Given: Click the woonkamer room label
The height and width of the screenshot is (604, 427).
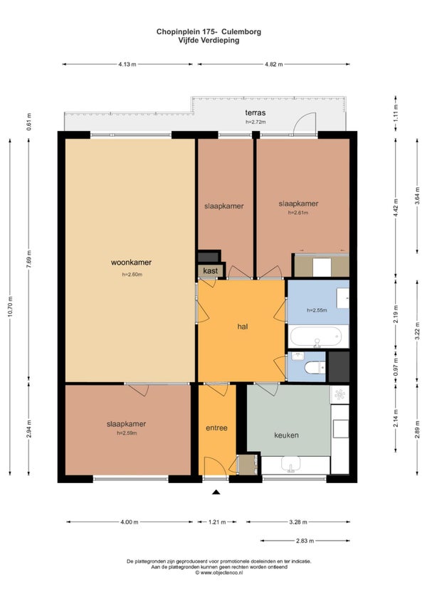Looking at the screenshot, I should [131, 262].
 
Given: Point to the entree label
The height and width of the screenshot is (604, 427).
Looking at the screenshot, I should [216, 428].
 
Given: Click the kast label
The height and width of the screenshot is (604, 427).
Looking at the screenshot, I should [210, 271].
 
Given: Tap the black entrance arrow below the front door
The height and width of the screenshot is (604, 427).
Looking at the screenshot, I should [216, 492].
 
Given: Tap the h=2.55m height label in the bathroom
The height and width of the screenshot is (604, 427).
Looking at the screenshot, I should [317, 310].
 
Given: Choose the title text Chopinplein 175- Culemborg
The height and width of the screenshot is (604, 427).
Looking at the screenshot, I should [208, 31].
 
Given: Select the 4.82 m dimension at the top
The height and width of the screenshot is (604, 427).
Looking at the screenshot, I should [273, 64].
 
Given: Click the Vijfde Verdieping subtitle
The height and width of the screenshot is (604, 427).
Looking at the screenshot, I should [209, 41].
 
